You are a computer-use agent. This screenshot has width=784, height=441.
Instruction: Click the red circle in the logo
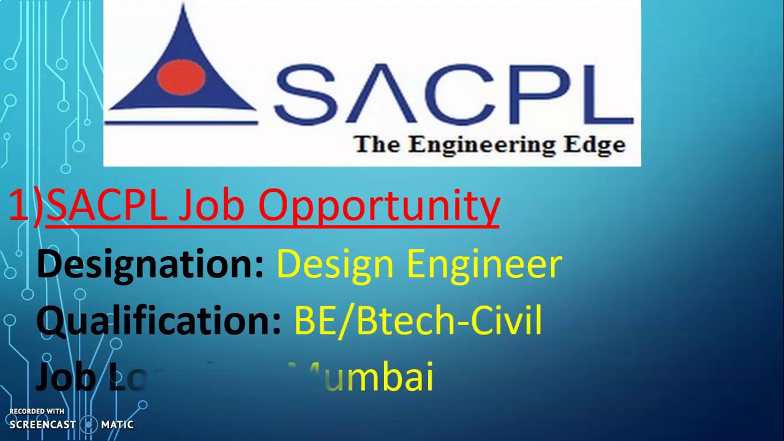click(x=181, y=77)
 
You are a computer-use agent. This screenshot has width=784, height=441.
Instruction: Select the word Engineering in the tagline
click(x=477, y=145)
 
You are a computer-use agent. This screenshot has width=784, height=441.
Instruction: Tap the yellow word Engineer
click(x=484, y=265)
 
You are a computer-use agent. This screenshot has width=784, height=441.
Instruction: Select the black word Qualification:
click(x=159, y=320)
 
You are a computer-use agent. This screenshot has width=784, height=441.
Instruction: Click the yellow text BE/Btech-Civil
click(x=418, y=320)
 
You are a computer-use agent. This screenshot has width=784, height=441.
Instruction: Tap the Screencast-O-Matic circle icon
click(x=89, y=424)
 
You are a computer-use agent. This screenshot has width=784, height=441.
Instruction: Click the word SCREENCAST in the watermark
click(x=43, y=424)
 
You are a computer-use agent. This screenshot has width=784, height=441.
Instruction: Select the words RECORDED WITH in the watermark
click(x=37, y=412)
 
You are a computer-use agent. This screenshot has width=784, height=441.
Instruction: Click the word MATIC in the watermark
click(x=117, y=424)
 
